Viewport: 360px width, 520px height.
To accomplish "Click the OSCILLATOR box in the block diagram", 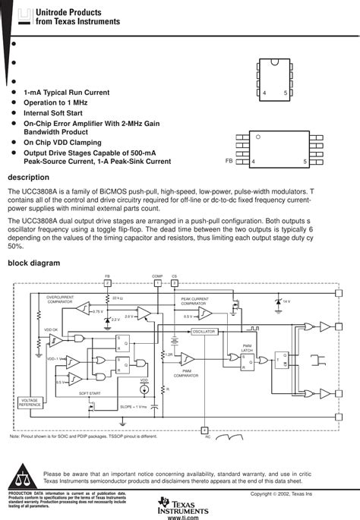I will [x=204, y=332].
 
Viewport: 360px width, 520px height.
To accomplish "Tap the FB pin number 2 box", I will [x=107, y=282].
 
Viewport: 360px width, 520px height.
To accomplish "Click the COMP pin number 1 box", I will [x=157, y=282].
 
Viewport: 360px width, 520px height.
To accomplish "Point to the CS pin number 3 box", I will [x=174, y=282].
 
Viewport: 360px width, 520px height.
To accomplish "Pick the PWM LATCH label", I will [x=247, y=348].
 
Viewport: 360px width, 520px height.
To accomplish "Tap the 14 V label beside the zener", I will [x=286, y=301].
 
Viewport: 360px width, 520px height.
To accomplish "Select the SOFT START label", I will [x=90, y=393].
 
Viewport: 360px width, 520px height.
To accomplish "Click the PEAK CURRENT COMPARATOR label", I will [x=194, y=301].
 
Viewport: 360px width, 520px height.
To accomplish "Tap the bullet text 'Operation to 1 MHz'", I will [x=55, y=102].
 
